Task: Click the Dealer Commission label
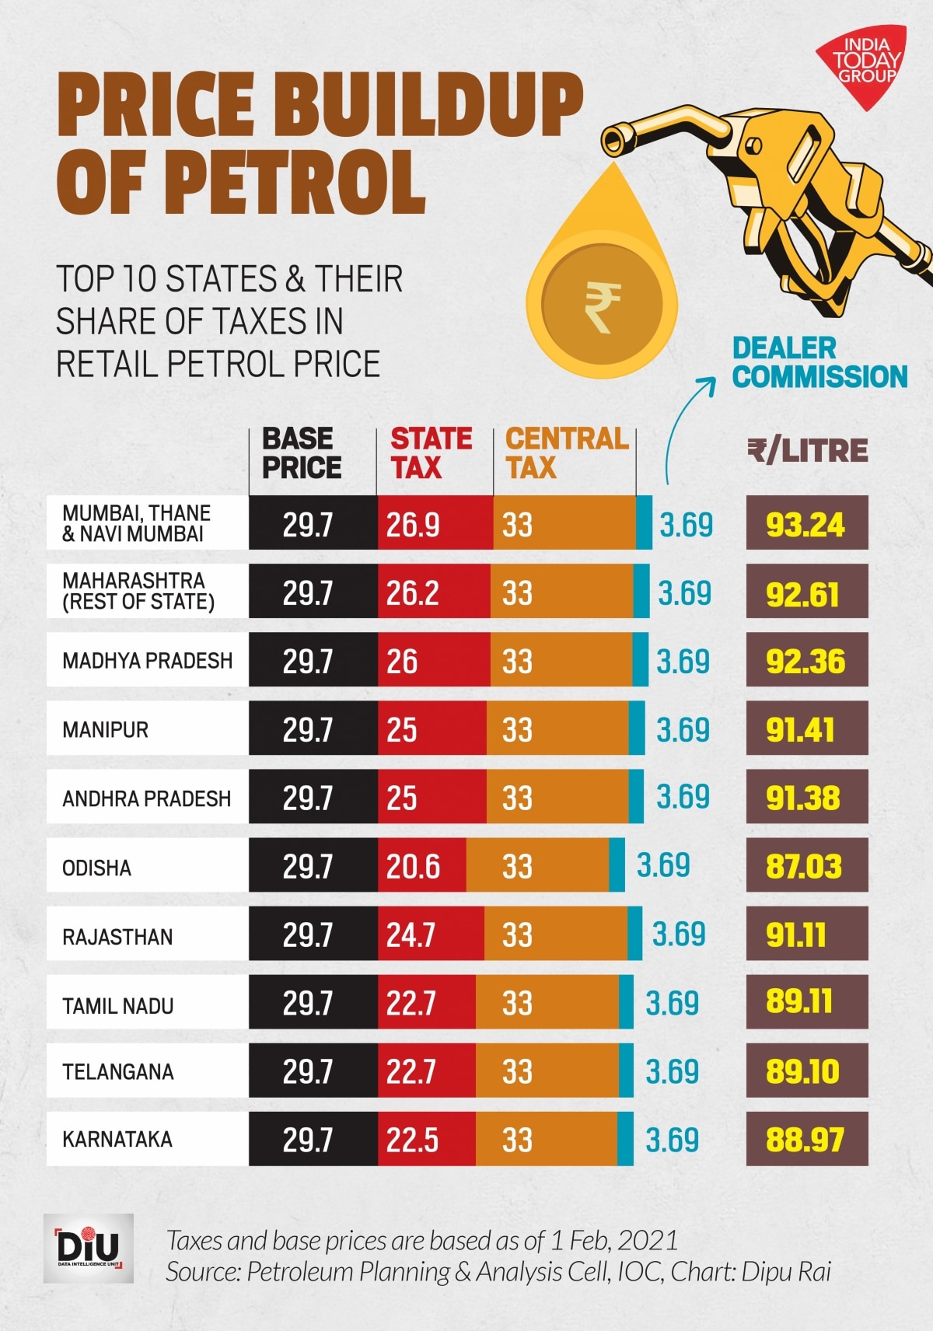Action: tap(819, 362)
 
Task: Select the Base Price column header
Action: tap(302, 453)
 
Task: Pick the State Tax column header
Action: tap(431, 453)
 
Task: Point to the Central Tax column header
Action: tap(567, 453)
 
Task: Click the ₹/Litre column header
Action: tap(807, 450)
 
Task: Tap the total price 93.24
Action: tap(805, 525)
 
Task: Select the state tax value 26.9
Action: tap(413, 525)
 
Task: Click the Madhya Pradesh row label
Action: tap(148, 661)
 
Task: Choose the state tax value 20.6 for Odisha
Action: tap(413, 867)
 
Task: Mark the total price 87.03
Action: tap(804, 867)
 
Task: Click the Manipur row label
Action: tap(106, 730)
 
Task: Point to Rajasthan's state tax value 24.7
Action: tap(411, 935)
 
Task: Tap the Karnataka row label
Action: tap(117, 1140)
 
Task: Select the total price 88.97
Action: tap(805, 1141)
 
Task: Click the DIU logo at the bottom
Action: tap(88, 1249)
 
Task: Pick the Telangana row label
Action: tap(118, 1072)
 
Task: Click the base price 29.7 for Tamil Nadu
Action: tap(308, 1004)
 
